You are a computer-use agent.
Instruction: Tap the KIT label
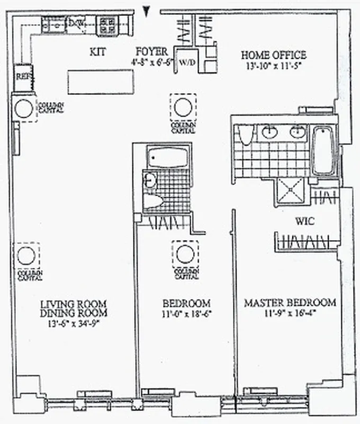point(98,52)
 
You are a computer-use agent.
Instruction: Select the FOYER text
point(151,51)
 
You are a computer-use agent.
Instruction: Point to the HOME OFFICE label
point(273,55)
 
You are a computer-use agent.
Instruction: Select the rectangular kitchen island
point(100,82)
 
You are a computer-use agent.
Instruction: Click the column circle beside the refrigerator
point(23,109)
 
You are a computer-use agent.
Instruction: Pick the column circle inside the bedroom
point(185,254)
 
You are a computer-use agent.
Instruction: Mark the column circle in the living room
point(26,256)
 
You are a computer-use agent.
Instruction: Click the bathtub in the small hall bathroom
point(167,157)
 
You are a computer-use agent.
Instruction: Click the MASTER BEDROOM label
point(290,303)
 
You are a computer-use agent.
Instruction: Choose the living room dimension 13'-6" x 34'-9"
point(74,323)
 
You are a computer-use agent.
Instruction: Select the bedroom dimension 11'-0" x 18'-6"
point(186,313)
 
